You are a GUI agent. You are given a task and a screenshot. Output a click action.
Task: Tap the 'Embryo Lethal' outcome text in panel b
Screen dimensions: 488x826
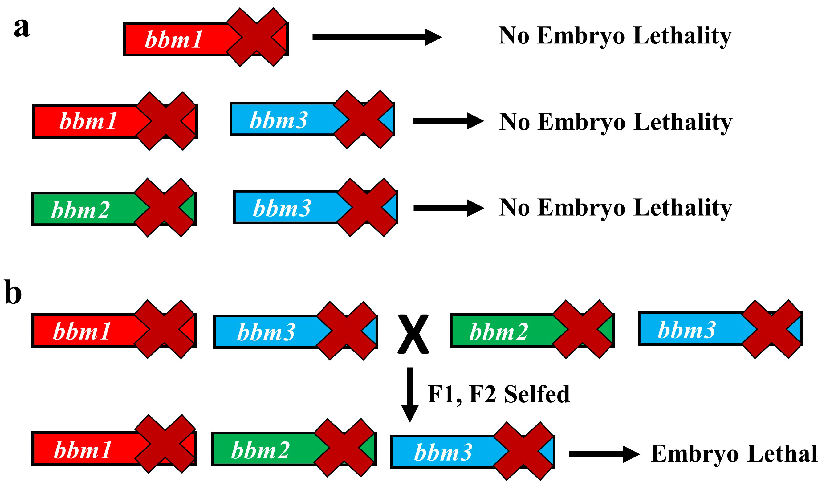(734, 454)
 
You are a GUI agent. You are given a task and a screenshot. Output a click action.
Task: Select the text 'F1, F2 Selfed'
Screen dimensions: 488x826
(498, 394)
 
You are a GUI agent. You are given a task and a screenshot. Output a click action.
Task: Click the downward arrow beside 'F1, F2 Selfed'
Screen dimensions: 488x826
(410, 394)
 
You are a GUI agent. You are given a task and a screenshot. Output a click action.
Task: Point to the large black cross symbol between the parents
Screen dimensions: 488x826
(413, 334)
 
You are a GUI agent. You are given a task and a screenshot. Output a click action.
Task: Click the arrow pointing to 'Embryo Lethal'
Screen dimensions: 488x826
(604, 454)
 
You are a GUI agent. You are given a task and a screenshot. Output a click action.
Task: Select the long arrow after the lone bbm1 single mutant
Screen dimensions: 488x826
(376, 37)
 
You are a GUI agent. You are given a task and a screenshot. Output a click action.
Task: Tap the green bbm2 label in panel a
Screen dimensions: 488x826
(80, 210)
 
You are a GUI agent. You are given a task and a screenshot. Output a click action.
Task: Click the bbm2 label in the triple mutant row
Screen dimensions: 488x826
(260, 450)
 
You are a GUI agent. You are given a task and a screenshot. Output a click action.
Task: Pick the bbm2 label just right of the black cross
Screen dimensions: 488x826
(498, 332)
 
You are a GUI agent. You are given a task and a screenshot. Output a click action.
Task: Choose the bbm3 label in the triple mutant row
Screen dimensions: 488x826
(443, 453)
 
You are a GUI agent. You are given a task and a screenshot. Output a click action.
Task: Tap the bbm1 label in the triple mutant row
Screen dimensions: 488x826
(83, 450)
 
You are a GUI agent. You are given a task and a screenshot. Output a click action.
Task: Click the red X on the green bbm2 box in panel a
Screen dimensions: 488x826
(165, 208)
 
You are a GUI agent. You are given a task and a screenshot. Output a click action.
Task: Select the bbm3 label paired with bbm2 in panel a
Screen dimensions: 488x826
(282, 208)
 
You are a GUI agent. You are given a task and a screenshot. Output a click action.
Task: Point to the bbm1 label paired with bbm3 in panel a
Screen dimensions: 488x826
(88, 121)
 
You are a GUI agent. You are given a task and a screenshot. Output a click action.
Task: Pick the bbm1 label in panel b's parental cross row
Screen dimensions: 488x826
(82, 331)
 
